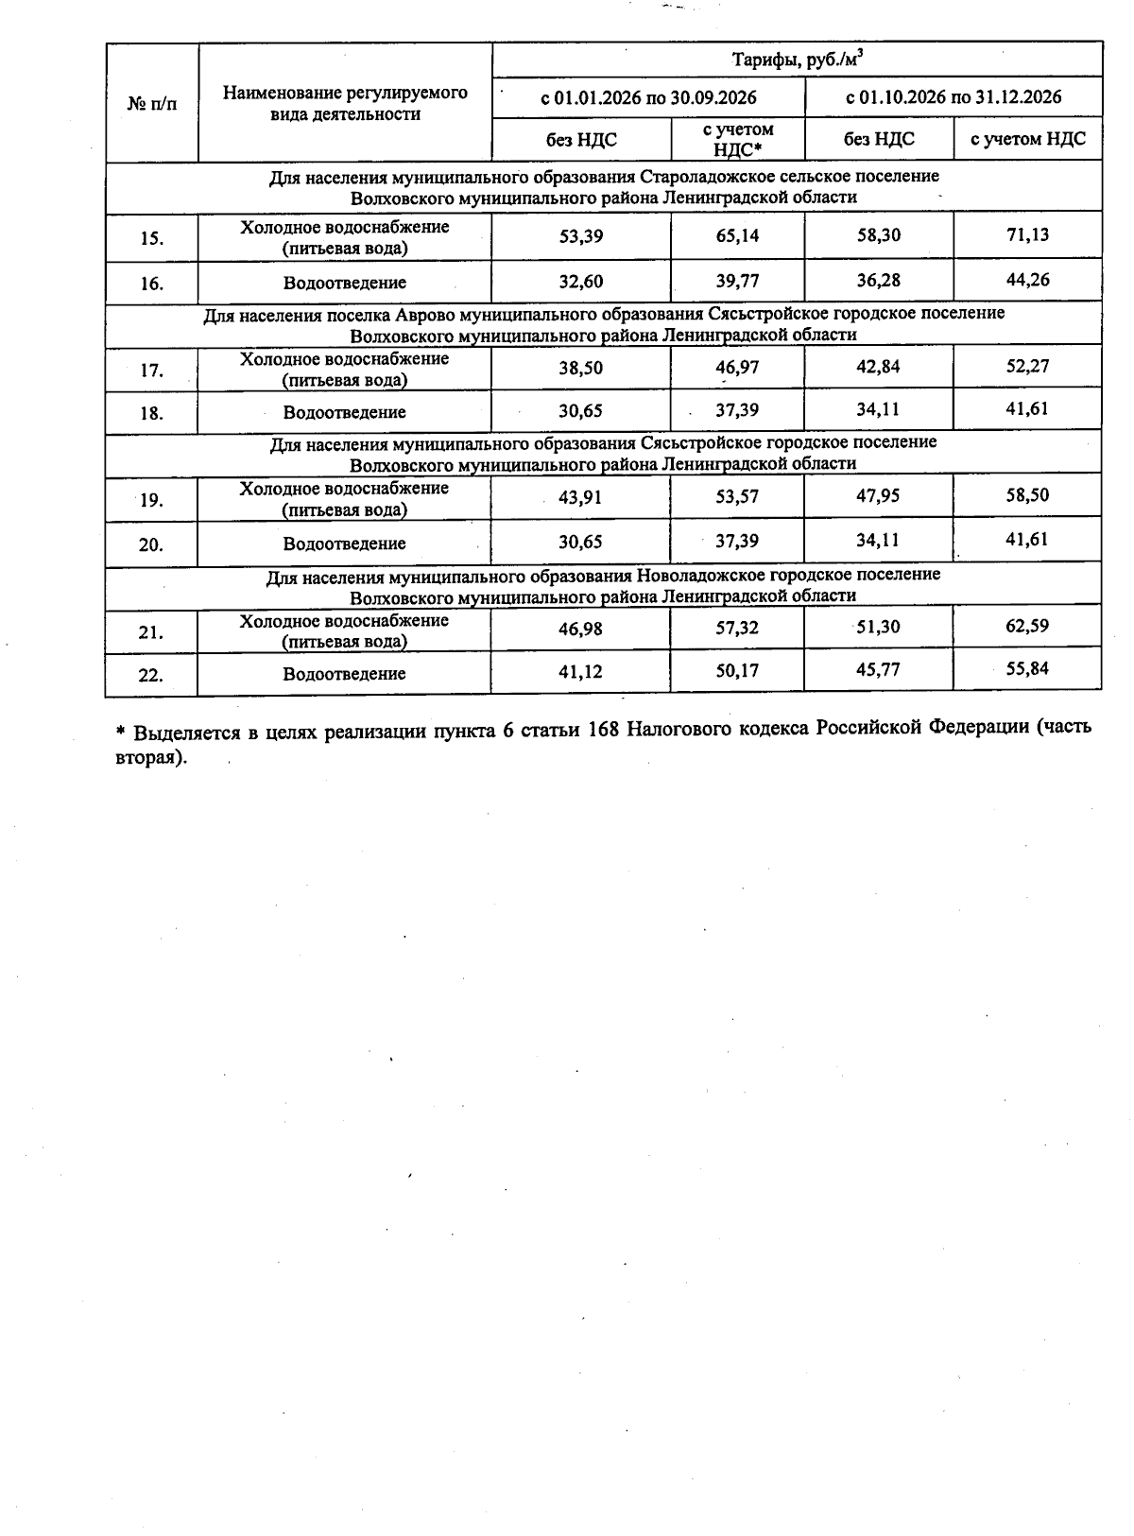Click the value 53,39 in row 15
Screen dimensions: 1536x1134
point(580,235)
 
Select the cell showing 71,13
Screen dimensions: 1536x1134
point(1027,234)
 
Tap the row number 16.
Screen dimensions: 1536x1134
point(151,283)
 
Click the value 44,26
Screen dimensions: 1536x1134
point(1027,280)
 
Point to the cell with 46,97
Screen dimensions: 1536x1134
point(737,367)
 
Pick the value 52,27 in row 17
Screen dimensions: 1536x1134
point(1027,366)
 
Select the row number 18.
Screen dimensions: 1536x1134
point(151,413)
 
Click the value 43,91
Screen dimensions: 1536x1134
point(580,497)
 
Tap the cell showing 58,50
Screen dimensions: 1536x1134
point(1027,495)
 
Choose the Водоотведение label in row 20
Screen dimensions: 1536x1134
point(344,544)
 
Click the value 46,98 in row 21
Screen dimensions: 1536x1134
point(580,629)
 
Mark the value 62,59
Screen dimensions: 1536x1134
point(1027,626)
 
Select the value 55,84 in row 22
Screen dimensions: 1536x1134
point(1027,669)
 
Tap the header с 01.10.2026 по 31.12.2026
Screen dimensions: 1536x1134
point(953,97)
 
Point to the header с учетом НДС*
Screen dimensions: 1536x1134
point(737,139)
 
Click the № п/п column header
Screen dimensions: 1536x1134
point(151,103)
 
